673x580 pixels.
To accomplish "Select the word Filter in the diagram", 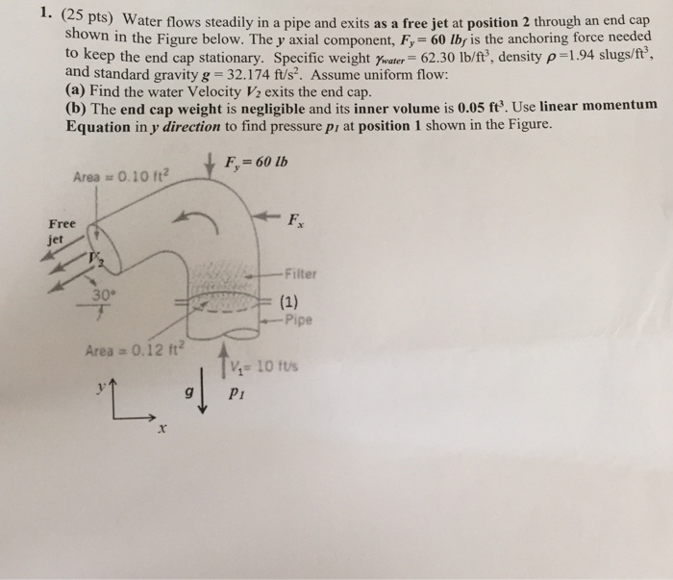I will [x=302, y=273].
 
